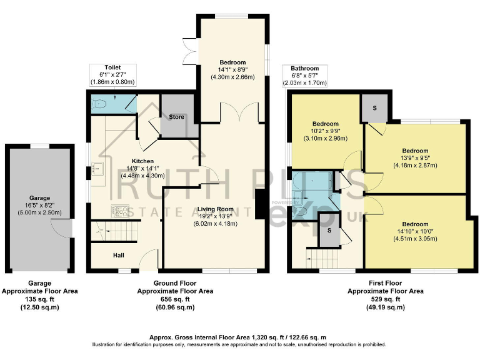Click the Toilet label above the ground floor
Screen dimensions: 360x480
tap(112, 67)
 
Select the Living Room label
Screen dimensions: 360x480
tap(216, 209)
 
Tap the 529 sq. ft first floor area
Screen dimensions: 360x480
tap(385, 299)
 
